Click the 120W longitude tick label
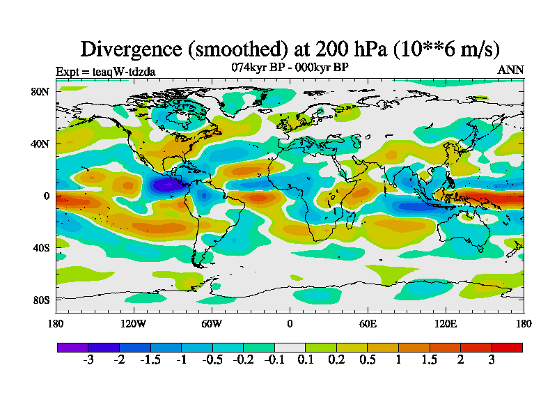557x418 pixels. coord(133,323)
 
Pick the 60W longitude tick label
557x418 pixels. coord(212,323)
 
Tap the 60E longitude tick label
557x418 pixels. coord(368,323)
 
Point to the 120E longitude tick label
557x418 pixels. coord(446,323)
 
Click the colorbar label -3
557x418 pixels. coord(88,359)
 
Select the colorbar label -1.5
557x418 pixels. coord(150,359)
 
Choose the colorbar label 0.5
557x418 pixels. coord(368,359)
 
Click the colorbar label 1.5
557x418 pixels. coord(430,359)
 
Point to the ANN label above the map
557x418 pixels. coord(510,70)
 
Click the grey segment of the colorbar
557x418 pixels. coord(290,347)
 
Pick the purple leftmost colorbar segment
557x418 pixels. coord(72,347)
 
